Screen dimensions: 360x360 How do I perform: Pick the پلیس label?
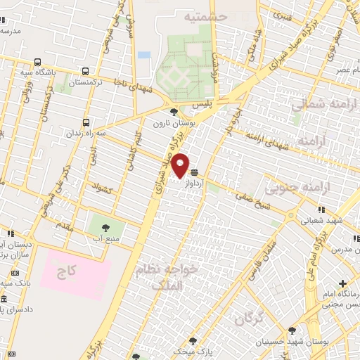click(x=202, y=104)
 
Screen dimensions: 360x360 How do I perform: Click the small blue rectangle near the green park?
click(x=144, y=55)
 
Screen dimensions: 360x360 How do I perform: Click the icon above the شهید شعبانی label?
click(x=321, y=209)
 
